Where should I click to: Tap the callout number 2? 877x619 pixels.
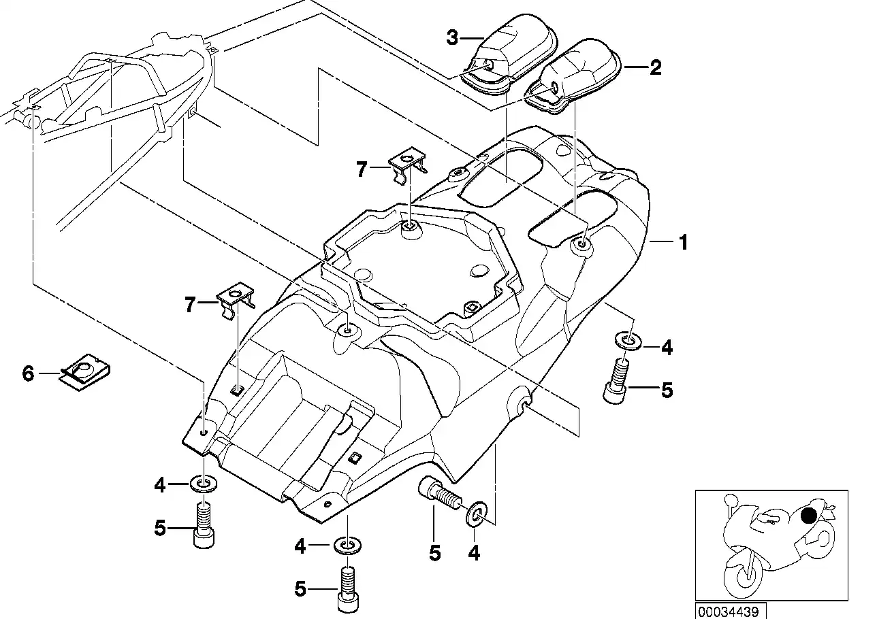click(654, 67)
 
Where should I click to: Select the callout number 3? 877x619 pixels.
click(453, 37)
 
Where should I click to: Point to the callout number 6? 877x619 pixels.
click(28, 373)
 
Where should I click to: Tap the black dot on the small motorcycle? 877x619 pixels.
click(809, 515)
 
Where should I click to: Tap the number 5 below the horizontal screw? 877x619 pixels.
click(434, 553)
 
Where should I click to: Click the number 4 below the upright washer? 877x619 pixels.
click(474, 554)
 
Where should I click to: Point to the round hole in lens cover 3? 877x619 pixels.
click(489, 65)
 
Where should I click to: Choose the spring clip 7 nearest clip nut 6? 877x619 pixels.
click(236, 299)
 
